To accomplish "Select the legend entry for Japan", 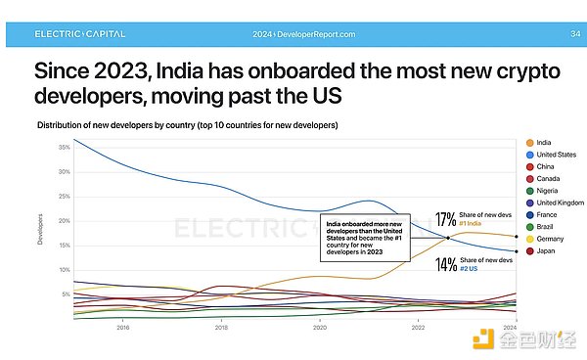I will pyautogui.click(x=541, y=251).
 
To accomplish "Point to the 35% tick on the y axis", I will pyautogui.click(x=64, y=147).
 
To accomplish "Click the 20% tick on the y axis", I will pyautogui.click(x=64, y=220).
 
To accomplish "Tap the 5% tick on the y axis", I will pyautogui.click(x=65, y=293).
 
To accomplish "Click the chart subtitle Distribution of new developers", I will pyautogui.click(x=187, y=126).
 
